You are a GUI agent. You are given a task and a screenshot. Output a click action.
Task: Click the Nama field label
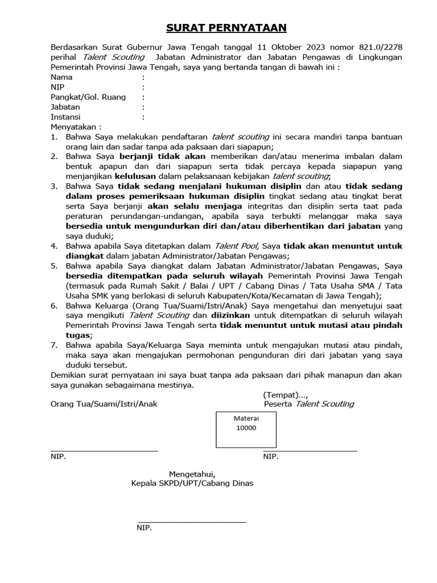(61, 77)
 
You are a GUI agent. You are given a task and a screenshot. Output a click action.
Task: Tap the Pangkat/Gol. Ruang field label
(88, 97)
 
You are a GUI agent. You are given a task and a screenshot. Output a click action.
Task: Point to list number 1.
(54, 137)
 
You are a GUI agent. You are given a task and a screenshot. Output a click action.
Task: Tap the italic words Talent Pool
(236, 245)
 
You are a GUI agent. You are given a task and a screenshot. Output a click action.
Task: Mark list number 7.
(54, 345)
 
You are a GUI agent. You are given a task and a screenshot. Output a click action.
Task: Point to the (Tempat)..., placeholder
(286, 394)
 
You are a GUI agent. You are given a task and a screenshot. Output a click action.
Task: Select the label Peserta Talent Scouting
(309, 404)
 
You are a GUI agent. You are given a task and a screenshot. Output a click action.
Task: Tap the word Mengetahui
(192, 474)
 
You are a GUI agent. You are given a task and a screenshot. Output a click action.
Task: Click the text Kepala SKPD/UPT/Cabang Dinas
(192, 483)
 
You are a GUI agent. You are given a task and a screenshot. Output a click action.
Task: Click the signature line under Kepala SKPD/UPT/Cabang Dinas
(192, 521)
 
